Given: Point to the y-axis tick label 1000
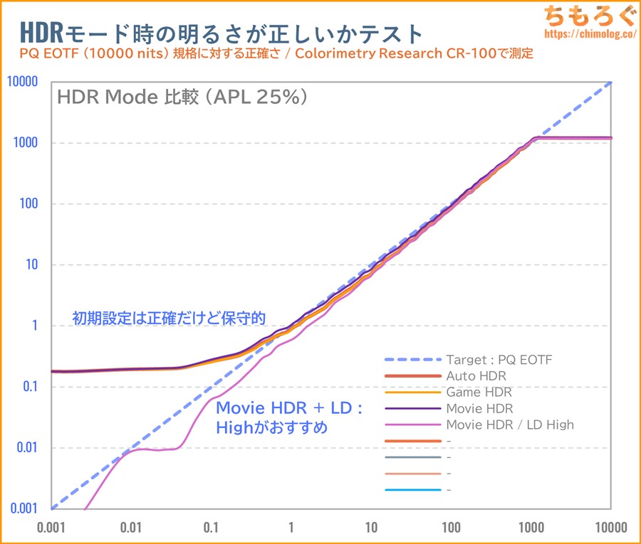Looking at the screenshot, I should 26,143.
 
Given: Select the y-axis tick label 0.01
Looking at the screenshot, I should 26,448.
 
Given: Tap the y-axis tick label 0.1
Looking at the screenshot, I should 29,387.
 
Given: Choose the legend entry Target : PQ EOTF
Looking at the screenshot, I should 499,360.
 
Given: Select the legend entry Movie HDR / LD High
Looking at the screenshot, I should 509,425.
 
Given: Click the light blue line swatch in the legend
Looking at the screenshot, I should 410,490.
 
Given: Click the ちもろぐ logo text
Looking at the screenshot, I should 588,14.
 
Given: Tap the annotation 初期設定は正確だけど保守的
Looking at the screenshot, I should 169,317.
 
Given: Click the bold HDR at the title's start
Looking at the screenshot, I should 41,32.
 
